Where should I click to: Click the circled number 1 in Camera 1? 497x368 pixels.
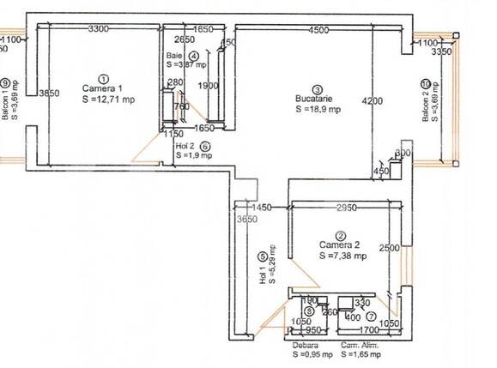[x=104, y=77]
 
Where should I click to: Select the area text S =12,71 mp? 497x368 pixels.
[x=108, y=100]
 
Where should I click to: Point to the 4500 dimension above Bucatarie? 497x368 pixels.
[x=318, y=31]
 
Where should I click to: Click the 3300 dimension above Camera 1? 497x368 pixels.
[x=99, y=29]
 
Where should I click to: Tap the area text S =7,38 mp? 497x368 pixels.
[x=342, y=256]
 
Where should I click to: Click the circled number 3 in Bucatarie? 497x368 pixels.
[x=317, y=88]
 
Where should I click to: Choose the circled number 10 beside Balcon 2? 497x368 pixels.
[x=426, y=84]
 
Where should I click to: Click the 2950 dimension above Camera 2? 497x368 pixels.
[x=346, y=208]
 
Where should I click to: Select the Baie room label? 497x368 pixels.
[x=174, y=56]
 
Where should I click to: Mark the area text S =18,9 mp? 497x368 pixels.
[x=318, y=110]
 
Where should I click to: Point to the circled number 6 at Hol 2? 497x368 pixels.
[x=205, y=146]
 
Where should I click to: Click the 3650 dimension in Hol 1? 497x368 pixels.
[x=246, y=220]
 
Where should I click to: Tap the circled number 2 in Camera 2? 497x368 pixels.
[x=341, y=235]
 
